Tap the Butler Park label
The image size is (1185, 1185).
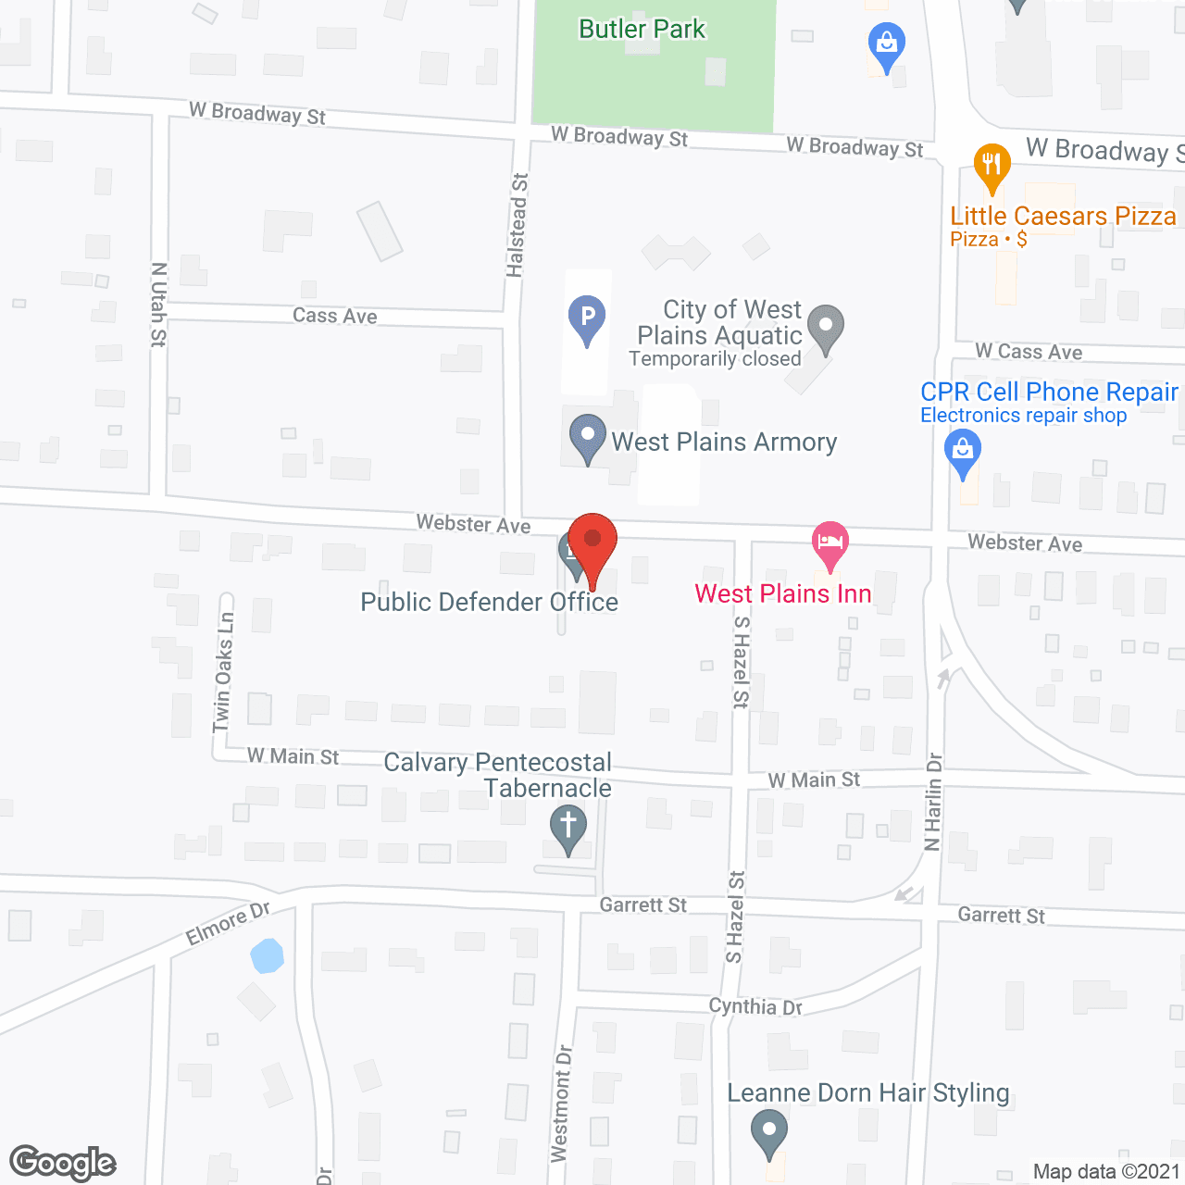642,30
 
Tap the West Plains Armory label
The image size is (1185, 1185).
724,443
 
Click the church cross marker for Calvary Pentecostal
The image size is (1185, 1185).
568,827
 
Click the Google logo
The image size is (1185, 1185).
63,1163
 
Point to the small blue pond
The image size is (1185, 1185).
267,955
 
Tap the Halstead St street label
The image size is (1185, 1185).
517,225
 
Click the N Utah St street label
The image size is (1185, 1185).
158,305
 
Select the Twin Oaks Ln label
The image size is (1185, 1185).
223,672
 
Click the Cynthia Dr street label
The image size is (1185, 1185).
755,1006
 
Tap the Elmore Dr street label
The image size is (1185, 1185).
228,924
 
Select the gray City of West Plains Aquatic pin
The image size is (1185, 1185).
825,327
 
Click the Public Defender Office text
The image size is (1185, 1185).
489,603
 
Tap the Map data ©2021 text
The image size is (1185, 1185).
1106,1171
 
